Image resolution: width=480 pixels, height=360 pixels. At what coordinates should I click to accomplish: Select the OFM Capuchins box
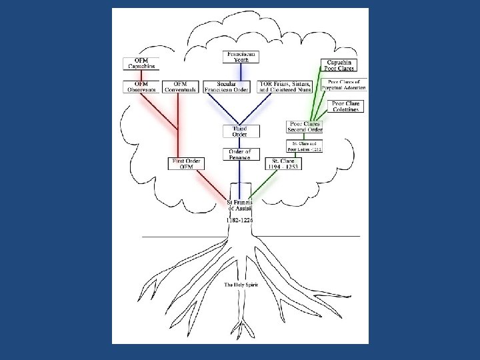coord(140,64)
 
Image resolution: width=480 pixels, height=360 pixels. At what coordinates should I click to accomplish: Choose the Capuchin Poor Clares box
coord(339,65)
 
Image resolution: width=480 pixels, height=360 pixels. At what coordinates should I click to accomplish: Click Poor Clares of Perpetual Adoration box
coord(346,85)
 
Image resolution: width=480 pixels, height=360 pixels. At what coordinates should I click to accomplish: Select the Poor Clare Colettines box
coord(345,106)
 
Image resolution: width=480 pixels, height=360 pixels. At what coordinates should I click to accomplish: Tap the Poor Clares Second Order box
coord(305,127)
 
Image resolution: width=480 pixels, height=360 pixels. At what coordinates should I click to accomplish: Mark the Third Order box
coord(239,131)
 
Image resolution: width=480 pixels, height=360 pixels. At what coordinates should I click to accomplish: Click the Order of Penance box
coord(239,155)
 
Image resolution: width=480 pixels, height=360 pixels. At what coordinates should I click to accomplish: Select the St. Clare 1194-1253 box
coord(283,163)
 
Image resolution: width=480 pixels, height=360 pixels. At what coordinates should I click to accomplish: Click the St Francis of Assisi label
coord(239,205)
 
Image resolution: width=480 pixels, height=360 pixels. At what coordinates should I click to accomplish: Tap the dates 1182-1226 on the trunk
coord(239,220)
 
